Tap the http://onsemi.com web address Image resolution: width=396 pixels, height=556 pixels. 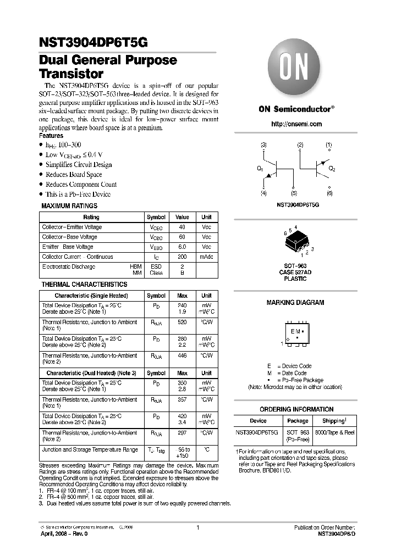296,124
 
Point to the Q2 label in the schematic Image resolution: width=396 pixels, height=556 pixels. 332,169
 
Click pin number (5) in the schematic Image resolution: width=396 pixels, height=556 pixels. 294,193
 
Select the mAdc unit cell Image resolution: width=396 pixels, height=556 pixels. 206,257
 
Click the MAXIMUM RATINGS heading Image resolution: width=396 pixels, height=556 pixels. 69,206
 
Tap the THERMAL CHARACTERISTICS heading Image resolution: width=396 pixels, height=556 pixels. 84,285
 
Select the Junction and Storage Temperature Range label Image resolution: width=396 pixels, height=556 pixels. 90,449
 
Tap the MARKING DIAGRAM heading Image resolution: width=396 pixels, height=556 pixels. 295,303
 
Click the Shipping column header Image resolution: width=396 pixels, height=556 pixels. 333,421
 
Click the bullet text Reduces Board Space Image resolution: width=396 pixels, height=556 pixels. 74,175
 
